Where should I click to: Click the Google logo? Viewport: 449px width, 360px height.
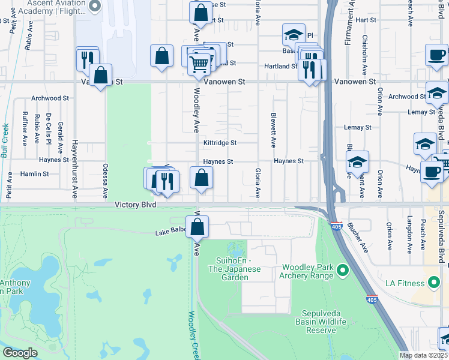pos(20,353)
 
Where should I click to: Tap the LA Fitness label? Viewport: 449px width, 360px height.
pos(408,283)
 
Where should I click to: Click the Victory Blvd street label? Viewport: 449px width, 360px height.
pos(136,205)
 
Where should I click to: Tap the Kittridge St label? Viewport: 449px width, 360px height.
pos(220,143)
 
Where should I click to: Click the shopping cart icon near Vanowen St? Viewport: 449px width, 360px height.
pos(199,64)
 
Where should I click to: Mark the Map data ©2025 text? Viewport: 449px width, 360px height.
pos(424,355)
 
